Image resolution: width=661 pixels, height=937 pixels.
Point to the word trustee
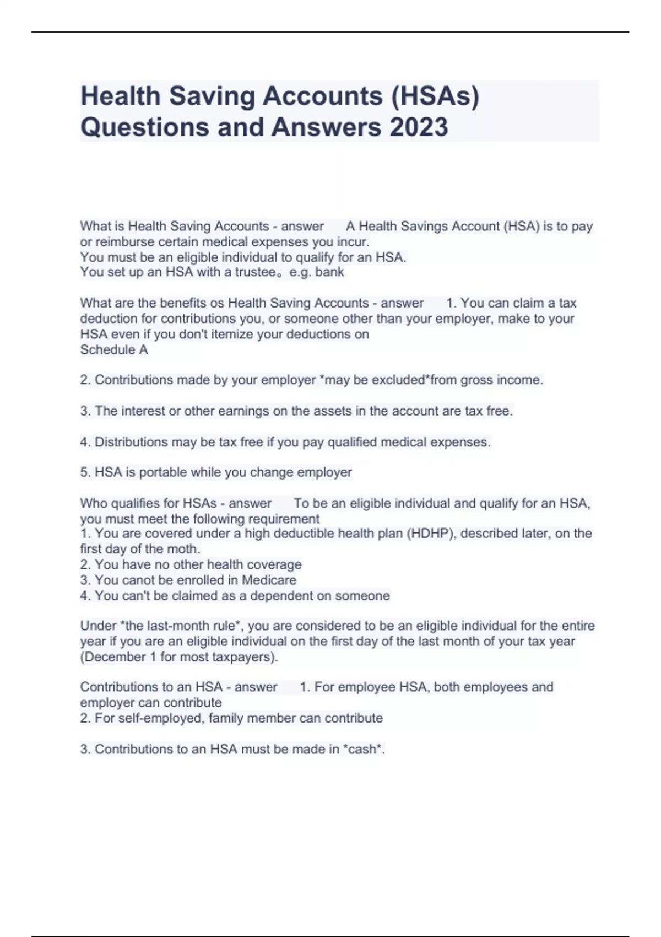(x=256, y=272)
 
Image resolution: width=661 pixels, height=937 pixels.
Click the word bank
(x=329, y=272)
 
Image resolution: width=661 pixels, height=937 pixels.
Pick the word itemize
(x=227, y=335)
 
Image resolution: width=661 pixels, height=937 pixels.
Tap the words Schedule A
(x=114, y=350)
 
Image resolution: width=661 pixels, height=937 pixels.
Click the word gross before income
(x=477, y=380)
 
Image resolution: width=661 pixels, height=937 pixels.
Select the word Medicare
(x=269, y=580)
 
